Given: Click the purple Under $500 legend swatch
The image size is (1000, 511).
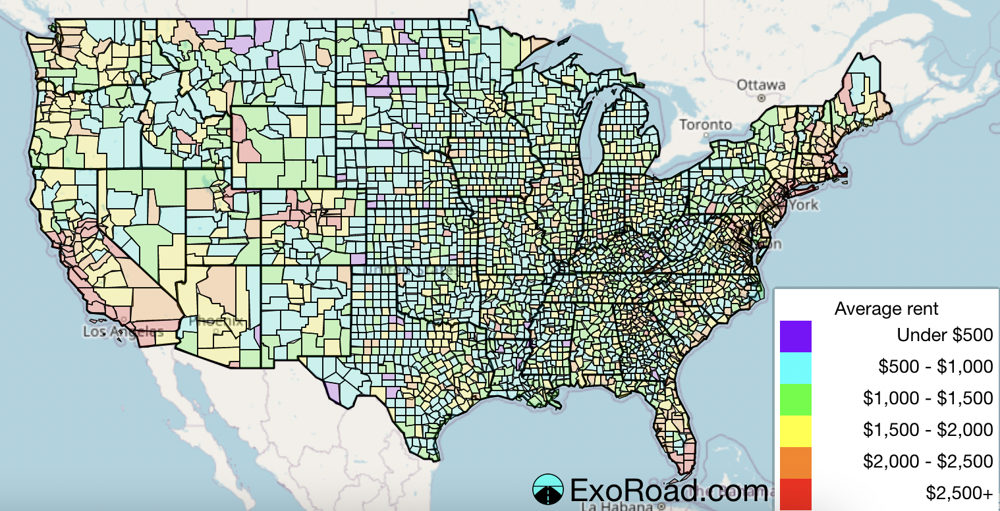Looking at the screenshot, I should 795,336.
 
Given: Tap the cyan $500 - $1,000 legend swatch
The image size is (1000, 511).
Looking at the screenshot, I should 795,367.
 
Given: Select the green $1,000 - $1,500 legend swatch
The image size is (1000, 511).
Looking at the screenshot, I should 795,399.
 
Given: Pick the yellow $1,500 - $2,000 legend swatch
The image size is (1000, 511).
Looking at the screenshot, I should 795,431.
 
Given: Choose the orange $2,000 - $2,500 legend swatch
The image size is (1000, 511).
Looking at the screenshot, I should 795,462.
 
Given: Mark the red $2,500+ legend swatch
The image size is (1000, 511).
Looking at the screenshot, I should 795,494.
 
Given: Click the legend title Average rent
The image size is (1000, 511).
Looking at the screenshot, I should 886,308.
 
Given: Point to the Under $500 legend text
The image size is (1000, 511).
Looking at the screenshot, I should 944,335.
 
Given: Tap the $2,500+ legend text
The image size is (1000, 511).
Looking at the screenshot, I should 958,493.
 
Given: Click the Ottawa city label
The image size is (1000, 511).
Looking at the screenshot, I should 761,85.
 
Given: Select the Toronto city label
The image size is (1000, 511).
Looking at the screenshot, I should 706,124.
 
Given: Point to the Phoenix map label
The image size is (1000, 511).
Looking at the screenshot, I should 215,322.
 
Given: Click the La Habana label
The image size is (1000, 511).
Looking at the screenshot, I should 617,506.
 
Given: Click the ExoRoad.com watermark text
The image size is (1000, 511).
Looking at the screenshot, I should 668,491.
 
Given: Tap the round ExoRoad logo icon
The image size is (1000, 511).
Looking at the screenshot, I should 547,490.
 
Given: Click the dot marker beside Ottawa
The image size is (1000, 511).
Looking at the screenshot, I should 761,97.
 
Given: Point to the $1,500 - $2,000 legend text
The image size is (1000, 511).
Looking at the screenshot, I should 928,430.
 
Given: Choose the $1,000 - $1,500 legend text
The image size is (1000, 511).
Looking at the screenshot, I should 928,398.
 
